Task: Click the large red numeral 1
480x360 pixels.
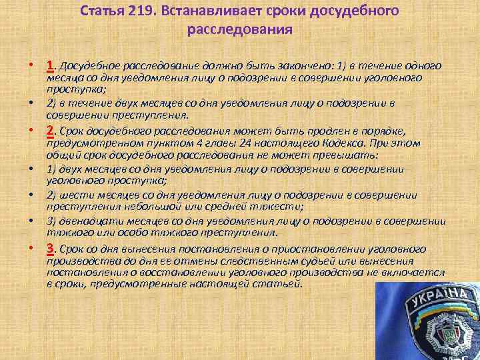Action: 51,65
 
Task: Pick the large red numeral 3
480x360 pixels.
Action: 51,249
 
